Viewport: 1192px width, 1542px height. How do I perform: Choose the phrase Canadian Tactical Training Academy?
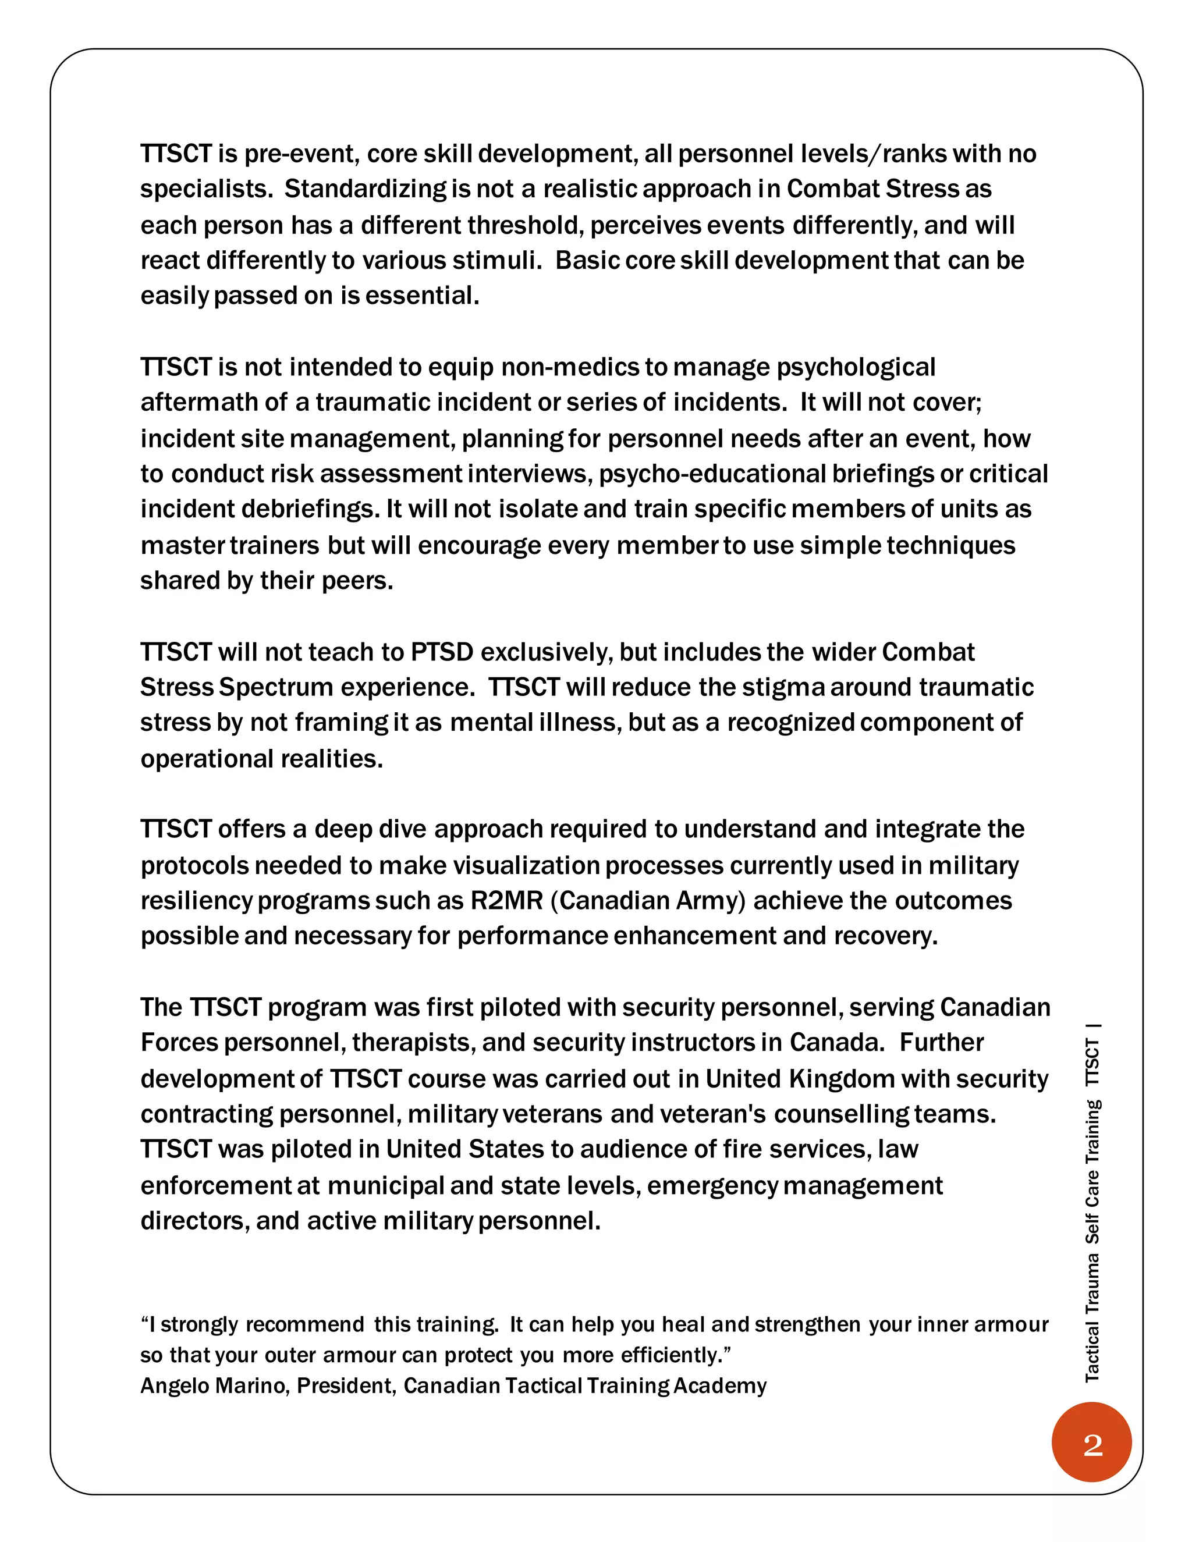585,1385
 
